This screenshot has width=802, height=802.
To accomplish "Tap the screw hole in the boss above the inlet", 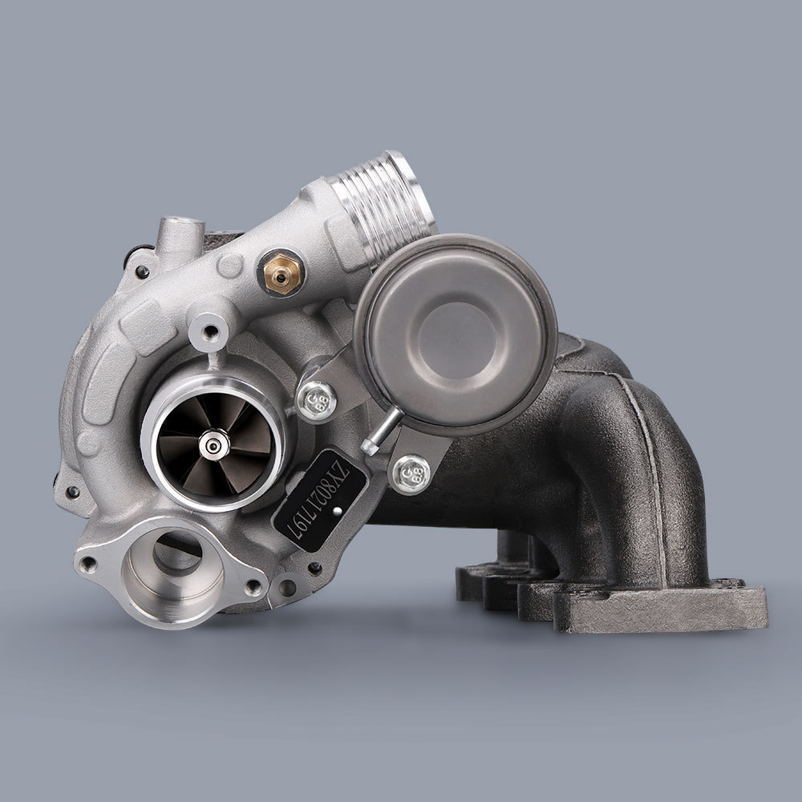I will pyautogui.click(x=210, y=330).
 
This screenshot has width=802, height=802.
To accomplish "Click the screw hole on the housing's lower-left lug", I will pyautogui.click(x=73, y=491).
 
